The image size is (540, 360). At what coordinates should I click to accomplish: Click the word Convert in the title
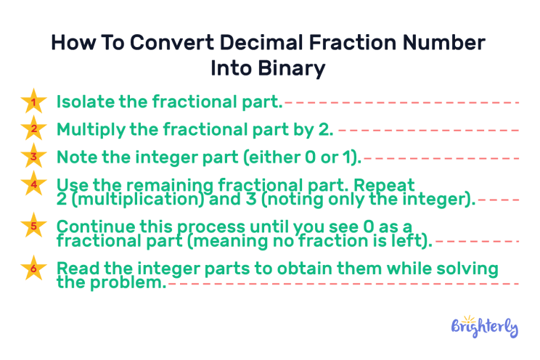pos(161,42)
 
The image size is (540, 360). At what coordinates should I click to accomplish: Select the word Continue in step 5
pos(90,226)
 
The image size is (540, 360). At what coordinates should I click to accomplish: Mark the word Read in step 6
pos(75,269)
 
